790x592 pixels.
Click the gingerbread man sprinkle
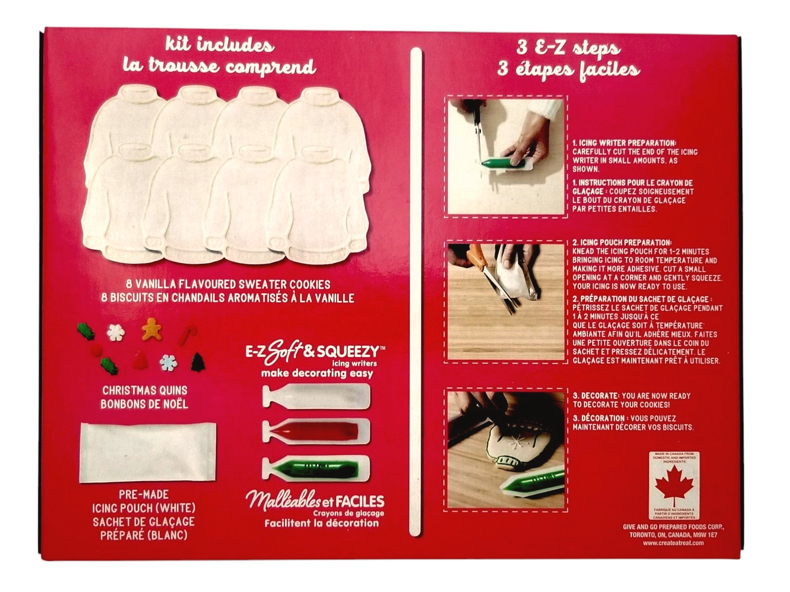[x=152, y=329]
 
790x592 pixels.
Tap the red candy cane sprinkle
[x=188, y=335]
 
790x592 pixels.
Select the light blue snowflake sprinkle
[x=169, y=363]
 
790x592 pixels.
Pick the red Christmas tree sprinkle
[x=140, y=360]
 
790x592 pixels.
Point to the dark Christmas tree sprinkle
[x=198, y=362]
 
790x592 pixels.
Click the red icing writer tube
[x=316, y=431]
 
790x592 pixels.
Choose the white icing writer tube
[x=316, y=396]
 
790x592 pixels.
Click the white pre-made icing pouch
[x=148, y=453]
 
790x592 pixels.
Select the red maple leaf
[x=674, y=485]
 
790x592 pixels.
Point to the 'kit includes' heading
[x=220, y=45]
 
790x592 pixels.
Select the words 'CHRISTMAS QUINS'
[x=145, y=390]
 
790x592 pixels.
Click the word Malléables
[x=283, y=501]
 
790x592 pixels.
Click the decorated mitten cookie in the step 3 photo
[x=513, y=446]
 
